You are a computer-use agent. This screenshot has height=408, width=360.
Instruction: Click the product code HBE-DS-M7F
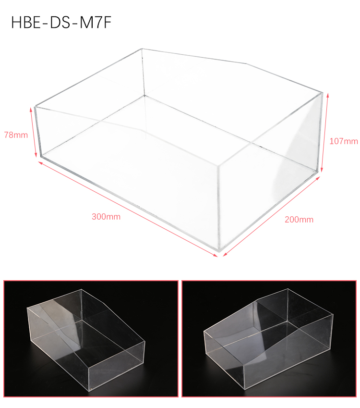point(61,23)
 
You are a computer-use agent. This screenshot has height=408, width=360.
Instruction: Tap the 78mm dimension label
point(16,135)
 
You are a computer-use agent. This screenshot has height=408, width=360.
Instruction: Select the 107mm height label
point(344,141)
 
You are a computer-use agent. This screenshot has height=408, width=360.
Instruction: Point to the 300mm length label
point(106,217)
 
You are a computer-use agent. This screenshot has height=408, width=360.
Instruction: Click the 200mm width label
point(299,220)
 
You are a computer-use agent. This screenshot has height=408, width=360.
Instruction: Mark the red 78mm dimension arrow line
point(33,133)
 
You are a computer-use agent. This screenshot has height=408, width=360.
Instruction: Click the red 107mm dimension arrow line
point(324,133)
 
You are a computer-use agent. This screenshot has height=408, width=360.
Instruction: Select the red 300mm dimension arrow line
point(128,209)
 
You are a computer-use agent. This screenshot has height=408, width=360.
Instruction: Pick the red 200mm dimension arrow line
point(271,216)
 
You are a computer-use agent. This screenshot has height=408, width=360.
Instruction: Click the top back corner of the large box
point(142,49)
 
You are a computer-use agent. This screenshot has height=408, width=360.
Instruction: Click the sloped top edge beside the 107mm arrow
point(285,78)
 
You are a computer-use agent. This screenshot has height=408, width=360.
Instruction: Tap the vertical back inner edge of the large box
point(143,72)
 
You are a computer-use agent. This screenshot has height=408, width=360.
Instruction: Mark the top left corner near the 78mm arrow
point(35,106)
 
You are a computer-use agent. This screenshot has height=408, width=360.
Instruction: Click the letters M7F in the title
point(95,23)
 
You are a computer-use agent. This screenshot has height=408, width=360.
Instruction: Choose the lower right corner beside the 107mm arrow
point(318,172)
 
